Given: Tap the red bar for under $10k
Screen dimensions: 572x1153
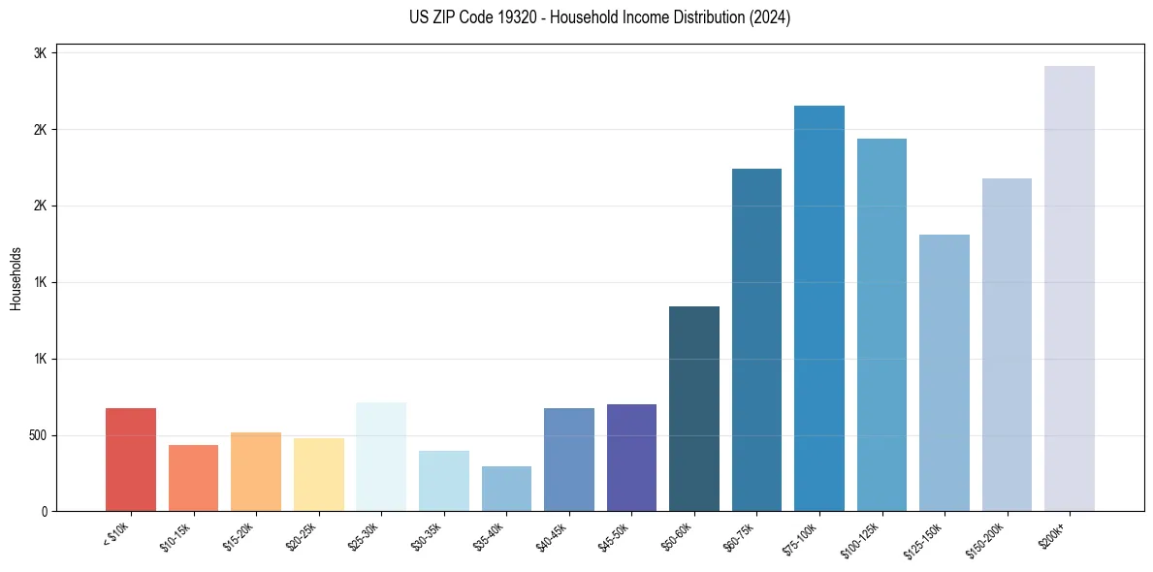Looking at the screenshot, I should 131,460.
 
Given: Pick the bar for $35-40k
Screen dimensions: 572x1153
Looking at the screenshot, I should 506,489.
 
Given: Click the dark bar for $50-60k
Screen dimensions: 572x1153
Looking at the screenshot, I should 693,408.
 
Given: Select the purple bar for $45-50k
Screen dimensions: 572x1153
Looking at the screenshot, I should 631,458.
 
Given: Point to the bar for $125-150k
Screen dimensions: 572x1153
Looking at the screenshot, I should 944,372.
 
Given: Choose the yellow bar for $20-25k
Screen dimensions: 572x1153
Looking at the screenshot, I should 319,474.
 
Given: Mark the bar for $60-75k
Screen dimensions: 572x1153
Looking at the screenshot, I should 756,339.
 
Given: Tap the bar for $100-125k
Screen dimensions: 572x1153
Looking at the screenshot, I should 881,325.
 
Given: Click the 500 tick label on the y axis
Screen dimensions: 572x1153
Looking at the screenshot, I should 36,435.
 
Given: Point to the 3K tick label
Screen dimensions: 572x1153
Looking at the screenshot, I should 40,53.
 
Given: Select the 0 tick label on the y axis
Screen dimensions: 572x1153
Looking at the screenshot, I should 43,511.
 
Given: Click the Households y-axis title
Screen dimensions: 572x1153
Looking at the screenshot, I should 16,278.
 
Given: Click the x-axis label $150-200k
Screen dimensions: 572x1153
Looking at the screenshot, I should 987,535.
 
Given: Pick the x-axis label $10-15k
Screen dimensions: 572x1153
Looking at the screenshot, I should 176,533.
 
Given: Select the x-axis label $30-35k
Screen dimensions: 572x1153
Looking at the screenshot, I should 426,533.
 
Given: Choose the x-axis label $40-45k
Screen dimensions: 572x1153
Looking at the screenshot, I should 551,533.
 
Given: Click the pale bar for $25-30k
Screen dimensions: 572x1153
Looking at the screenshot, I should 381,457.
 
